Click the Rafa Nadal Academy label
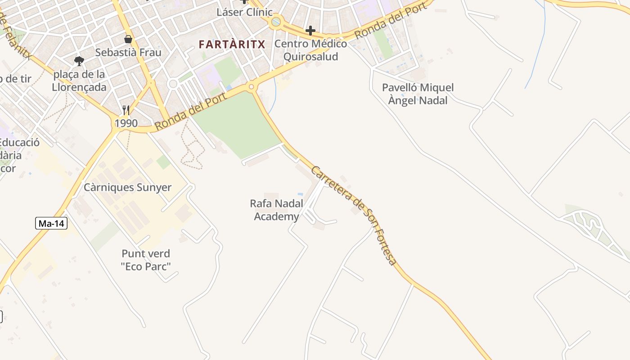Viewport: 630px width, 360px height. pos(276,210)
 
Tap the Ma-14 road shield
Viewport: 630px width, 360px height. pos(51,223)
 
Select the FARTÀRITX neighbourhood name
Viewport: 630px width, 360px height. pos(232,44)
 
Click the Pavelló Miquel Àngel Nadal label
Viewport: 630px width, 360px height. pos(418,94)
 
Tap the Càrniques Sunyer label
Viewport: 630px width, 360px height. pos(127,187)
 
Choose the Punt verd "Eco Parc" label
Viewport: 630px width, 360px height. pos(146,260)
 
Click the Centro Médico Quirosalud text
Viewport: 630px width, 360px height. pos(310,50)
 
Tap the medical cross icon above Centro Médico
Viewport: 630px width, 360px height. pos(310,31)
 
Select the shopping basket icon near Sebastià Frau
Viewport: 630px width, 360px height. pos(128,39)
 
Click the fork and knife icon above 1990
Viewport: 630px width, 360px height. pos(126,110)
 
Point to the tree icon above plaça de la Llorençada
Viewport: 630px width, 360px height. pos(79,60)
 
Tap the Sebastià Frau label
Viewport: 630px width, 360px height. pos(128,53)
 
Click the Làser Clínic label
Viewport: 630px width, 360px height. pos(244,12)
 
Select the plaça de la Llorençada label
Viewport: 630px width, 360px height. pos(79,81)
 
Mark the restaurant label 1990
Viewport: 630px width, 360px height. pos(126,123)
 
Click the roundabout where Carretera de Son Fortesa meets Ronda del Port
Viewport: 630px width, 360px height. pos(251,87)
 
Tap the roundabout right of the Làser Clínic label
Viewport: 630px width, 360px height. pos(276,21)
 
